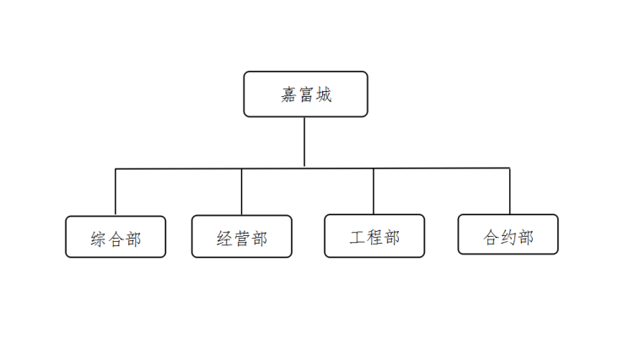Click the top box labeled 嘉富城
tap(305, 94)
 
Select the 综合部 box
tap(116, 237)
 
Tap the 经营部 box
tap(241, 236)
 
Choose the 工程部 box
tap(374, 236)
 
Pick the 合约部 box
tap(508, 234)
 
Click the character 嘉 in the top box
tap(289, 94)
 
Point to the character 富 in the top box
tap(306, 94)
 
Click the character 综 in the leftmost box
tap(99, 239)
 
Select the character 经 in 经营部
tap(224, 239)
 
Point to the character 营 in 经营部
tap(242, 239)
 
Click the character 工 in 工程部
tap(358, 238)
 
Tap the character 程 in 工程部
tap(375, 238)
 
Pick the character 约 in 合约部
tap(508, 237)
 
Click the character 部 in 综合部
tap(133, 239)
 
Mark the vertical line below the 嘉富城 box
tap(304, 142)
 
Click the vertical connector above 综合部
tap(116, 192)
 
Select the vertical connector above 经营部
tap(241, 191)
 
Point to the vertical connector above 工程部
tap(374, 191)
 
